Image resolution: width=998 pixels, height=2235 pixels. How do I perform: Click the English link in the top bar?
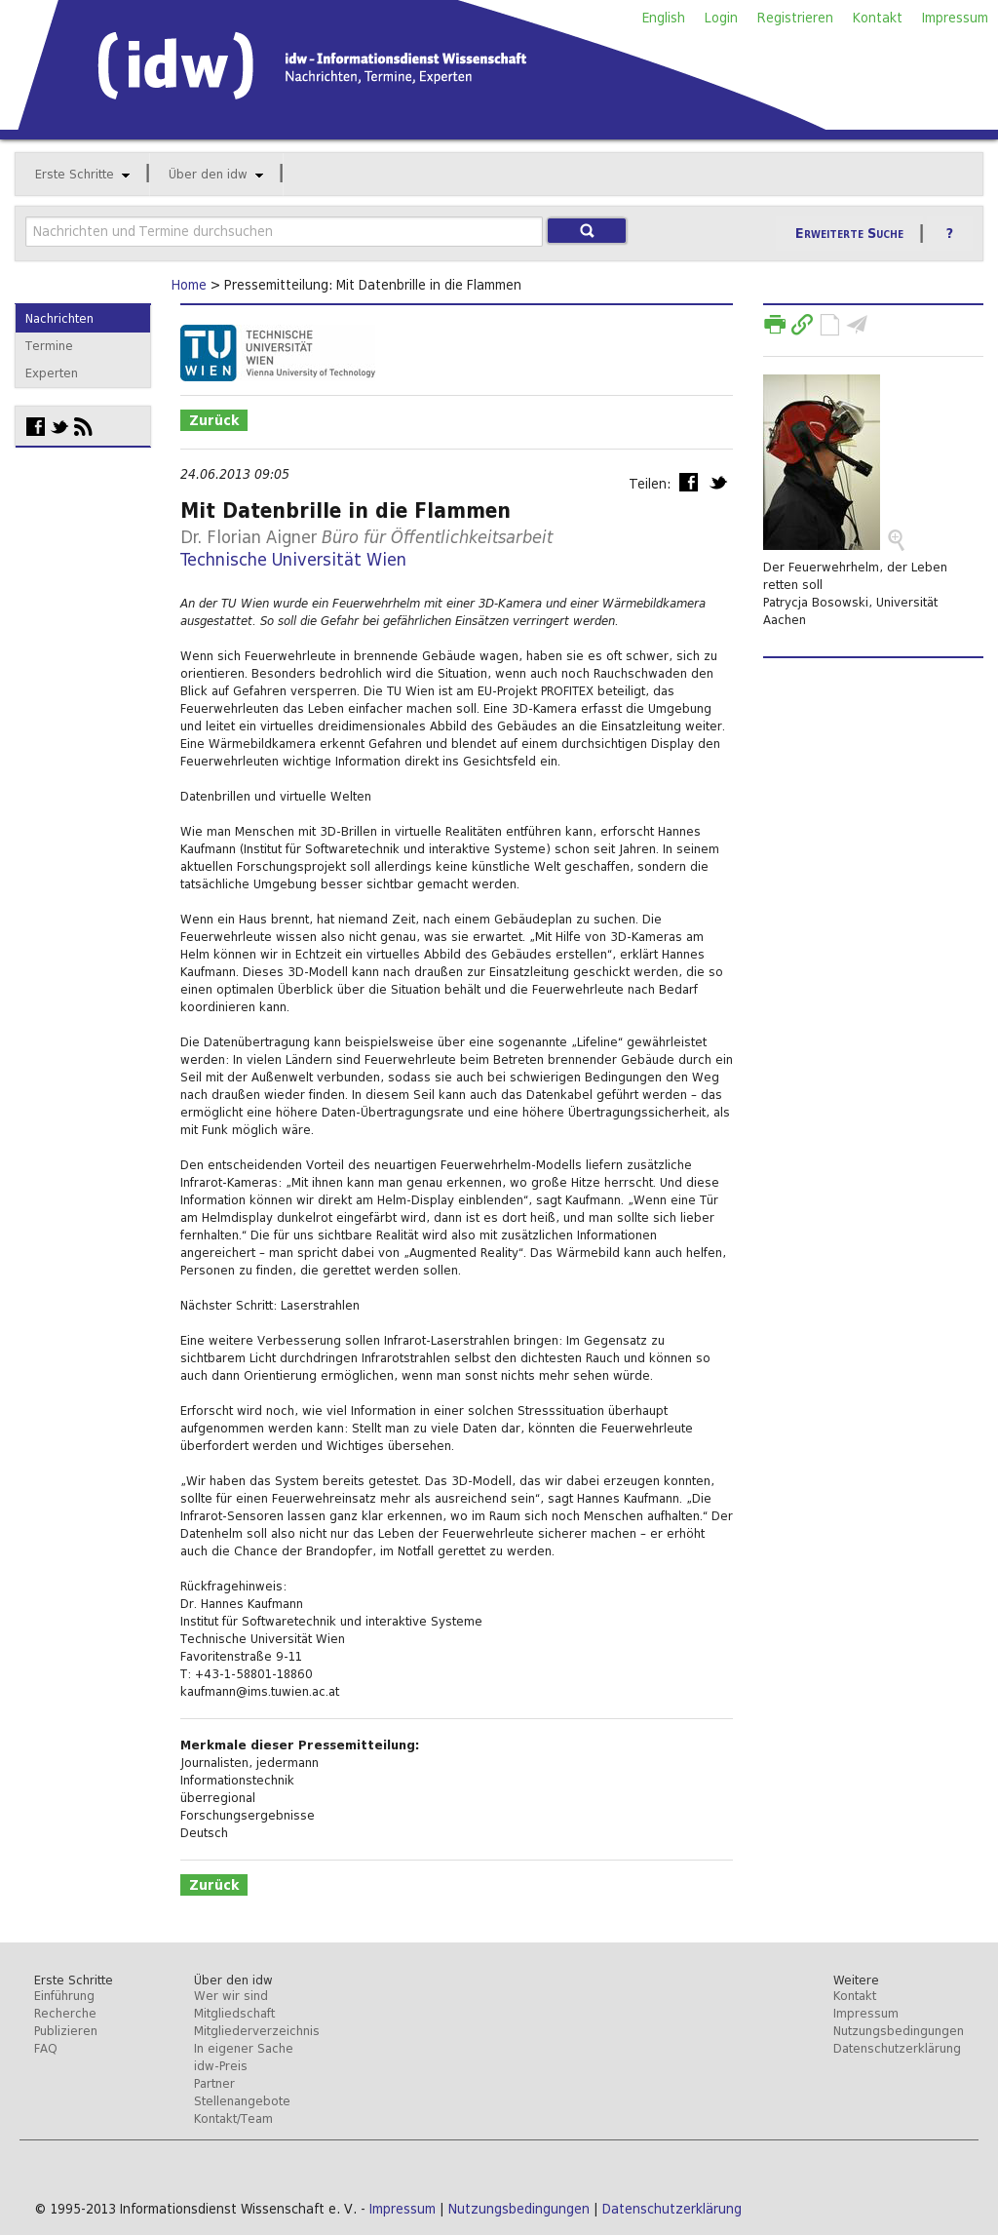[663, 18]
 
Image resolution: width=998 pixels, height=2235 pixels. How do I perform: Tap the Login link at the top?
[720, 18]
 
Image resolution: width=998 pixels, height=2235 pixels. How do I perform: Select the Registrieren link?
[794, 18]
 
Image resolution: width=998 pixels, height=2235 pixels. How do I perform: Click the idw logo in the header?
[176, 66]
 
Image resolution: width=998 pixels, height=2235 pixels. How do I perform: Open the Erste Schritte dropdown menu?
[82, 175]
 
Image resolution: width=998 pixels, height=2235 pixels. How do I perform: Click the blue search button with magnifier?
[587, 231]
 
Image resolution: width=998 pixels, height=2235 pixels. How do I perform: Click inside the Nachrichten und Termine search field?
[283, 231]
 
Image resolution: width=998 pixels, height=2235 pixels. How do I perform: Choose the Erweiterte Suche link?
[849, 234]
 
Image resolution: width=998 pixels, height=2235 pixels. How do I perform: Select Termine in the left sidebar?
[49, 346]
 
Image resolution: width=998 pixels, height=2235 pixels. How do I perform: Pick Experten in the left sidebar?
[52, 373]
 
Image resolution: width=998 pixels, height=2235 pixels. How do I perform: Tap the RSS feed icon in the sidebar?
[84, 427]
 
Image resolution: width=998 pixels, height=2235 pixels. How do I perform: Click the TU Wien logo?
[278, 353]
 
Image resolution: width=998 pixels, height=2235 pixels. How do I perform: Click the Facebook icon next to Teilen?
[688, 483]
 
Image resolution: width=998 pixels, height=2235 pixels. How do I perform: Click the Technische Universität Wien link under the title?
[292, 560]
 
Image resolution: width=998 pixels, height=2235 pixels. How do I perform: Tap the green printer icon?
[775, 325]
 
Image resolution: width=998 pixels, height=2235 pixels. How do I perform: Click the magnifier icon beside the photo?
[896, 539]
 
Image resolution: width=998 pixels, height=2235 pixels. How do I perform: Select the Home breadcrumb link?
[188, 285]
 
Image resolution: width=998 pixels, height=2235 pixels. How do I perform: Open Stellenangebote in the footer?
[242, 2101]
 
